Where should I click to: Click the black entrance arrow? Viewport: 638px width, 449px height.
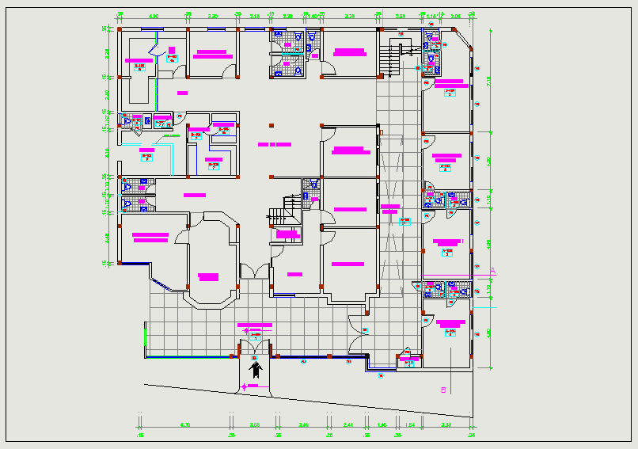[255, 368]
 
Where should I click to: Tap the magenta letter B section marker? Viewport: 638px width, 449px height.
[443, 390]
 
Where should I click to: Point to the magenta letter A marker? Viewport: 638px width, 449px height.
[492, 272]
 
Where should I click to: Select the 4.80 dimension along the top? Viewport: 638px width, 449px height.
[154, 16]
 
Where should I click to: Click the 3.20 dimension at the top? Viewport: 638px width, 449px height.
[213, 16]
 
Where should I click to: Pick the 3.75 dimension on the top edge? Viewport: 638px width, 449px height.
[348, 16]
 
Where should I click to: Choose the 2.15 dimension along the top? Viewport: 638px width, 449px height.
[254, 16]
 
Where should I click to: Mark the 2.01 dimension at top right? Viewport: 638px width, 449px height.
[455, 16]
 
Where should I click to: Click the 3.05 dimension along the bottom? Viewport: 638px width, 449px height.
[255, 425]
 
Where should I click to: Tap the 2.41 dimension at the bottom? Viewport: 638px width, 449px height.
[347, 425]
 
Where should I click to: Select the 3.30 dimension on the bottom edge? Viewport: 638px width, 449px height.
[446, 425]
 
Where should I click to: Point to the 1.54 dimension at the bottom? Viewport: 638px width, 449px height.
[411, 425]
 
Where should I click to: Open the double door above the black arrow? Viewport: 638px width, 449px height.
[255, 342]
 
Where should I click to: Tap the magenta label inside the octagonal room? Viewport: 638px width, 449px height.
[208, 276]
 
